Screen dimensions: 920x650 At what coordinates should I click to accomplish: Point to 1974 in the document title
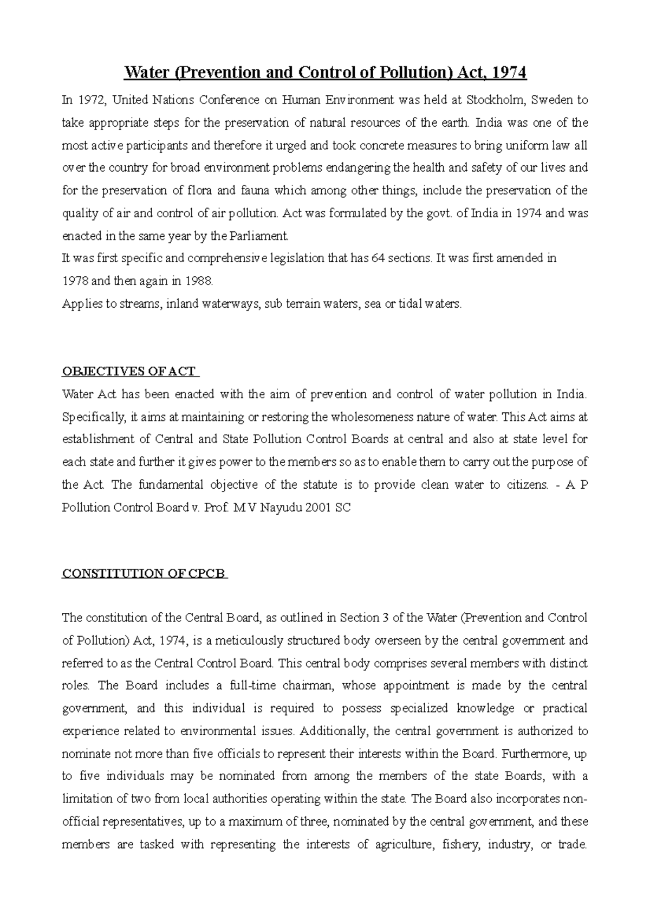(x=509, y=72)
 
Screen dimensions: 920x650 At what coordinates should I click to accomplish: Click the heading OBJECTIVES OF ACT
(x=130, y=372)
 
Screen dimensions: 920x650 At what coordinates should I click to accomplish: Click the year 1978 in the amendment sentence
(x=74, y=281)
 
